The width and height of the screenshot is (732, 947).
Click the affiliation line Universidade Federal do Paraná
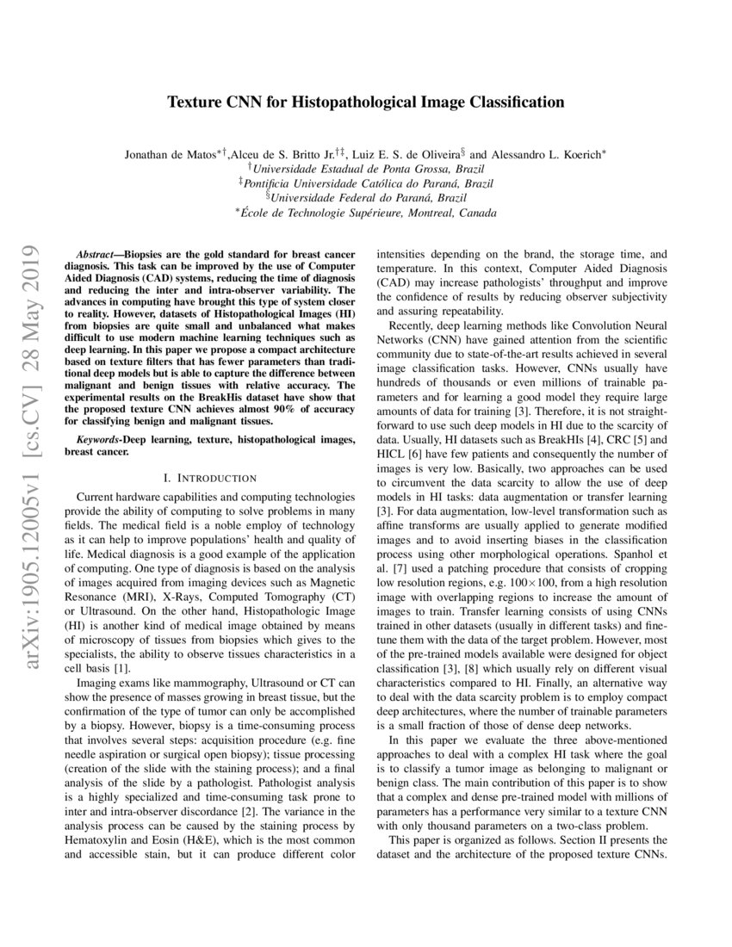(369, 198)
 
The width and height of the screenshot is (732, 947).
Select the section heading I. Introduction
(209, 477)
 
